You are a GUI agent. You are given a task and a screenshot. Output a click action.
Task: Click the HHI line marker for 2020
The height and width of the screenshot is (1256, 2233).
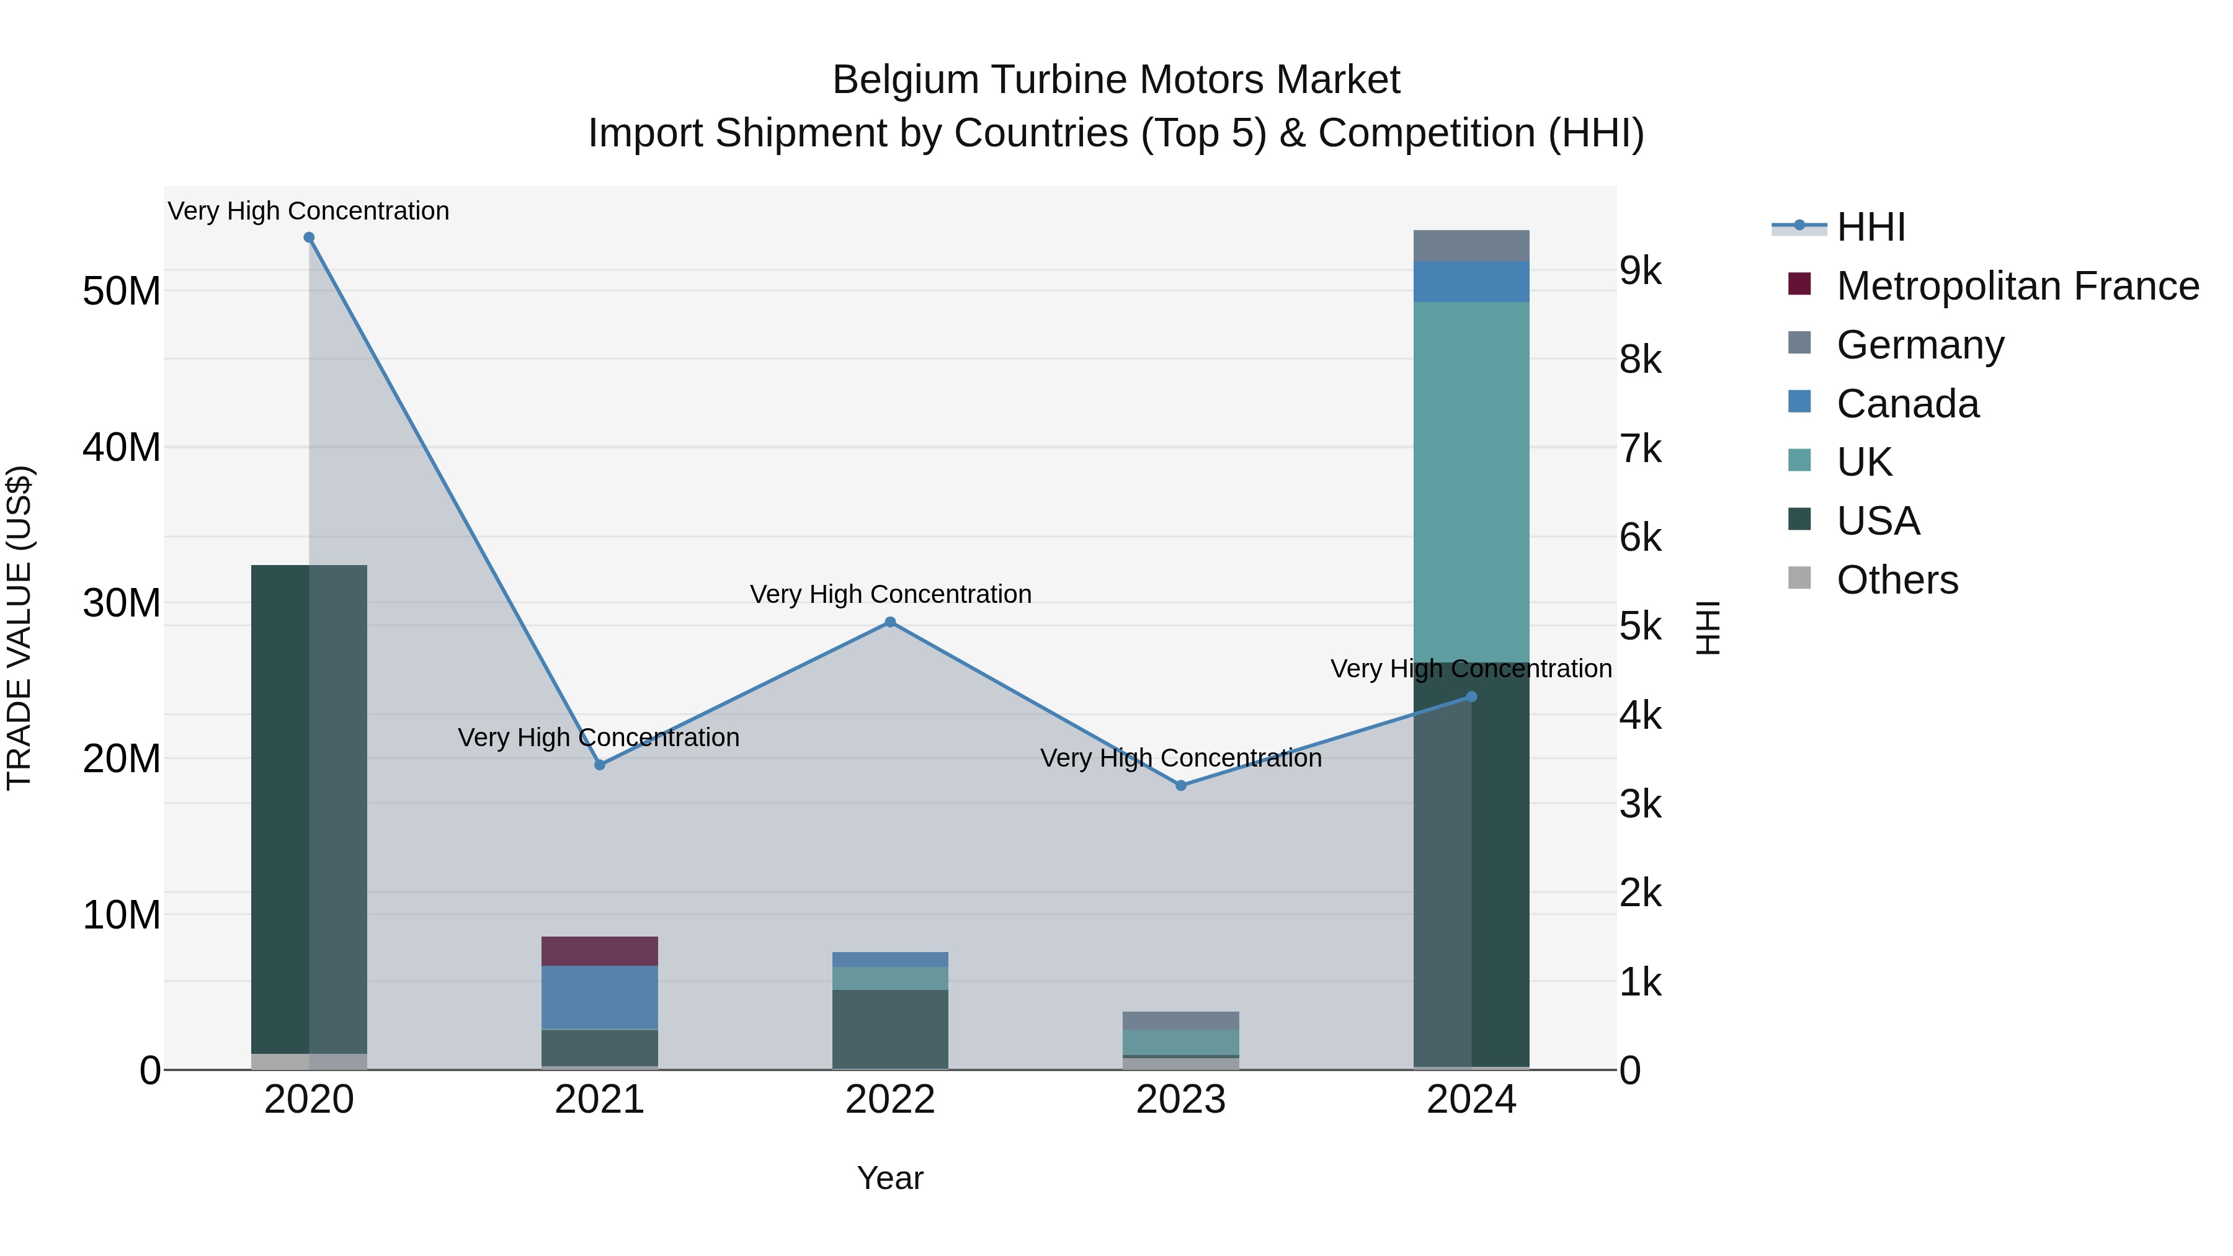pyautogui.click(x=309, y=238)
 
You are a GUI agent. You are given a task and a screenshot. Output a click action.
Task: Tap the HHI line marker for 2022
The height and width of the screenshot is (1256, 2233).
pyautogui.click(x=889, y=622)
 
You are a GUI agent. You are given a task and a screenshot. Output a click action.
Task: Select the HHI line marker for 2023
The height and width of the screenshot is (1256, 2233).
pyautogui.click(x=1180, y=785)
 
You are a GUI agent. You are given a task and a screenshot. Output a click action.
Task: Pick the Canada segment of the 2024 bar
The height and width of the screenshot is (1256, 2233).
pyautogui.click(x=1471, y=282)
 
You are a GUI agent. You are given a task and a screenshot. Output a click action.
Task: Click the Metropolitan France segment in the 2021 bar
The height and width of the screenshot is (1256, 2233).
pyautogui.click(x=599, y=951)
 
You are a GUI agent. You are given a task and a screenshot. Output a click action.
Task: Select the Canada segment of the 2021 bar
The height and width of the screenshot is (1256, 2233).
pyautogui.click(x=599, y=997)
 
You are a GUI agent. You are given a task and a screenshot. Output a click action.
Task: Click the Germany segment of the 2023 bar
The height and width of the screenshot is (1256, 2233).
pyautogui.click(x=1180, y=1021)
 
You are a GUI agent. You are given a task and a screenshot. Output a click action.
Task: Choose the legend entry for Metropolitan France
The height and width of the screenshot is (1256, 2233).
pyautogui.click(x=2017, y=286)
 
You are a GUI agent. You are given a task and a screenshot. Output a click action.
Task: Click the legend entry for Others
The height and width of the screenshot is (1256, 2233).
pyautogui.click(x=1897, y=580)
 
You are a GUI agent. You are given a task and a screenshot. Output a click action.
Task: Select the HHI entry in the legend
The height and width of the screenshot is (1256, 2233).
pyautogui.click(x=1871, y=227)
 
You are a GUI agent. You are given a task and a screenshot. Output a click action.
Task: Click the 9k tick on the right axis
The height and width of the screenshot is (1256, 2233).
pyautogui.click(x=1640, y=271)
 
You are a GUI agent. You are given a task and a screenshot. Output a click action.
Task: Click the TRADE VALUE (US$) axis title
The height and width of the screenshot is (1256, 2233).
pyautogui.click(x=19, y=628)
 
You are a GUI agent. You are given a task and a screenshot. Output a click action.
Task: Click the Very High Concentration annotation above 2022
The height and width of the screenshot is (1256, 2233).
pyautogui.click(x=890, y=595)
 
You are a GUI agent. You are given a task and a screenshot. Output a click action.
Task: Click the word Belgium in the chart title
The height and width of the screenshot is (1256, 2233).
pyautogui.click(x=905, y=81)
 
